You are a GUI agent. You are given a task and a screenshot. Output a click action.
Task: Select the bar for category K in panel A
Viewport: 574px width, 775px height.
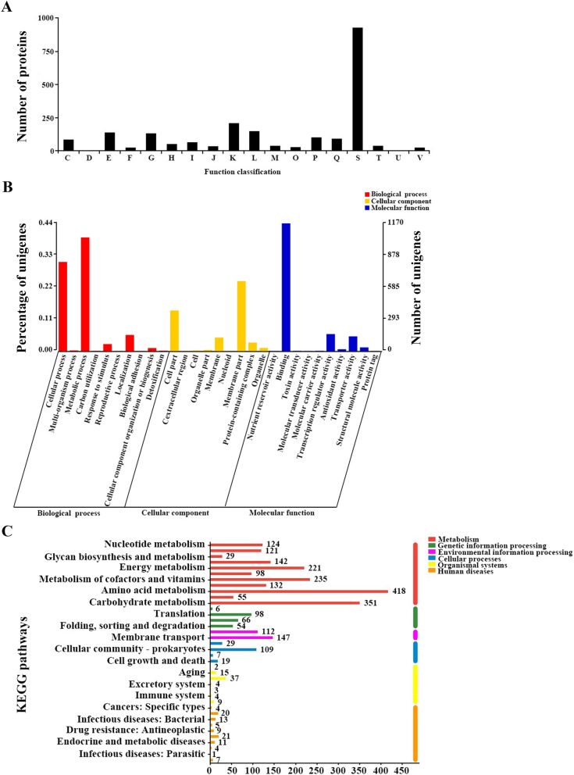click(234, 137)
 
